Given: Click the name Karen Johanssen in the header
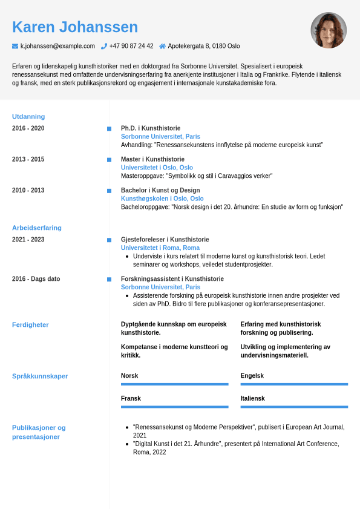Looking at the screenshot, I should tap(75, 27).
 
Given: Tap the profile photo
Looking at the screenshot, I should tap(329, 30).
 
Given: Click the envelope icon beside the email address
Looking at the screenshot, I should tap(15, 46).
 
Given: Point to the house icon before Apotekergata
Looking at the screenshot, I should tap(162, 46).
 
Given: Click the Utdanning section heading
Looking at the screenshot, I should tap(28, 116).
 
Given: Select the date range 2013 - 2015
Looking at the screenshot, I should tap(28, 159).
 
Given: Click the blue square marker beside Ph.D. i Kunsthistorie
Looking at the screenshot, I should tap(109, 128).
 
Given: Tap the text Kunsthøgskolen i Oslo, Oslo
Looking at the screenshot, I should tap(162, 199).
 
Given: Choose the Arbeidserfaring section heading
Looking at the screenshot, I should tap(37, 228).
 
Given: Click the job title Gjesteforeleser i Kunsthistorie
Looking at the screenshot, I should tap(165, 240).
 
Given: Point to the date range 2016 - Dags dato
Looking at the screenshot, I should tap(36, 279).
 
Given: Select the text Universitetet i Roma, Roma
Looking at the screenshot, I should tap(160, 248).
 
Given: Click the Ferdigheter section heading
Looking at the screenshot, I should tap(30, 324).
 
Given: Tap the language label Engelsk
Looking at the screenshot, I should tap(252, 376).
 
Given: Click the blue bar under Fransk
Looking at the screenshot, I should tap(174, 407).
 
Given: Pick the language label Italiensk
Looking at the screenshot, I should tap(252, 398).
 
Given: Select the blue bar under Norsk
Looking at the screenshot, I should tap(174, 384).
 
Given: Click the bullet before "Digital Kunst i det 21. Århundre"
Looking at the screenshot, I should tap(126, 444).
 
